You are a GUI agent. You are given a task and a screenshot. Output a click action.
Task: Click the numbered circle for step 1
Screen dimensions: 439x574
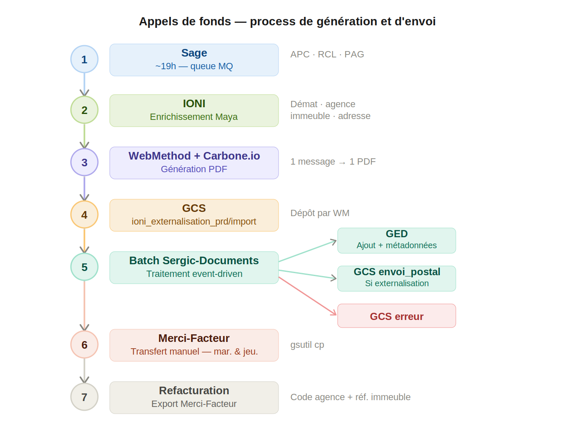point(84,59)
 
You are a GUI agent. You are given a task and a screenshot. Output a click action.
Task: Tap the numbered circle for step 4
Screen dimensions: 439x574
point(84,214)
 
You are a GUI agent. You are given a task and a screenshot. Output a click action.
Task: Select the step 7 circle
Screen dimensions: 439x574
point(84,397)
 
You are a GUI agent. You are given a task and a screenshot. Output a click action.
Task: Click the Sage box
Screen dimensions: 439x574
point(194,60)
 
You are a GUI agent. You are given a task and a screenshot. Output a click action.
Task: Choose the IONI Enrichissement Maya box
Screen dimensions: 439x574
point(194,111)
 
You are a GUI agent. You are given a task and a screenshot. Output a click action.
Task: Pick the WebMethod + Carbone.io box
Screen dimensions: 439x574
point(194,163)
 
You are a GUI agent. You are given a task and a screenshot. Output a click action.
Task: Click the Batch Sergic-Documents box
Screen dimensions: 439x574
point(194,268)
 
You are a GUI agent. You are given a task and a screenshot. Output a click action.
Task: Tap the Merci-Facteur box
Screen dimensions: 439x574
point(194,345)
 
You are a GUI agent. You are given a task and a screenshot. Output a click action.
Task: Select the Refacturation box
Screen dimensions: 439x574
point(194,398)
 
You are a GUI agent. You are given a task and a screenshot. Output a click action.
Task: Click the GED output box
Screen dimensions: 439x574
point(396,241)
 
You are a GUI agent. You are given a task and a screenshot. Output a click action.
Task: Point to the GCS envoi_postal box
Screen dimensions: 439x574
point(396,279)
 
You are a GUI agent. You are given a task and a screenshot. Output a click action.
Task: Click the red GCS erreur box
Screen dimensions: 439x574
point(396,316)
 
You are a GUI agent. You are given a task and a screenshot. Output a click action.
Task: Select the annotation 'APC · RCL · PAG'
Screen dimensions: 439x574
point(327,54)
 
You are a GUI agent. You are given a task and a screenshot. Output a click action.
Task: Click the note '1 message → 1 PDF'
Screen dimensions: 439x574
point(333,162)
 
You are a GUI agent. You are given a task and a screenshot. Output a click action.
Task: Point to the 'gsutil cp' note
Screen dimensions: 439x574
point(307,345)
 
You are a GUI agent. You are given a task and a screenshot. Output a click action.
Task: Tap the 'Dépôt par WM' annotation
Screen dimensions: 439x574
point(319,213)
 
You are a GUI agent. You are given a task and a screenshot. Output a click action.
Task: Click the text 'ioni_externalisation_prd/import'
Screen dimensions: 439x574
point(194,222)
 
